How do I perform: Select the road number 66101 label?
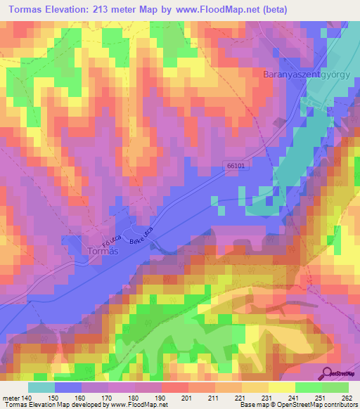pos(238,165)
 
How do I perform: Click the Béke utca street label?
pos(142,236)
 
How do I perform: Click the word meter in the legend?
pos(11,398)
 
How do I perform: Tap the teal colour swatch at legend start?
pos(41,388)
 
